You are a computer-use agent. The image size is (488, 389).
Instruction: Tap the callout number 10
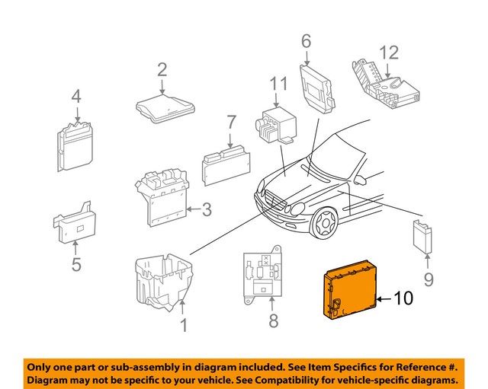[x=403, y=298]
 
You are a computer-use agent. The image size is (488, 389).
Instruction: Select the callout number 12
[x=389, y=53]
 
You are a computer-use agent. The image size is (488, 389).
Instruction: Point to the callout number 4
[x=76, y=97]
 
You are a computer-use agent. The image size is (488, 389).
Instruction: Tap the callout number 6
[x=307, y=40]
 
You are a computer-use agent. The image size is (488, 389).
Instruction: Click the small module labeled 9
[x=422, y=236]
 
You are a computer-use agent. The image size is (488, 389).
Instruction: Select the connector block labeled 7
[x=227, y=161]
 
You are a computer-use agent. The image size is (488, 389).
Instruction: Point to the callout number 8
[x=274, y=320]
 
